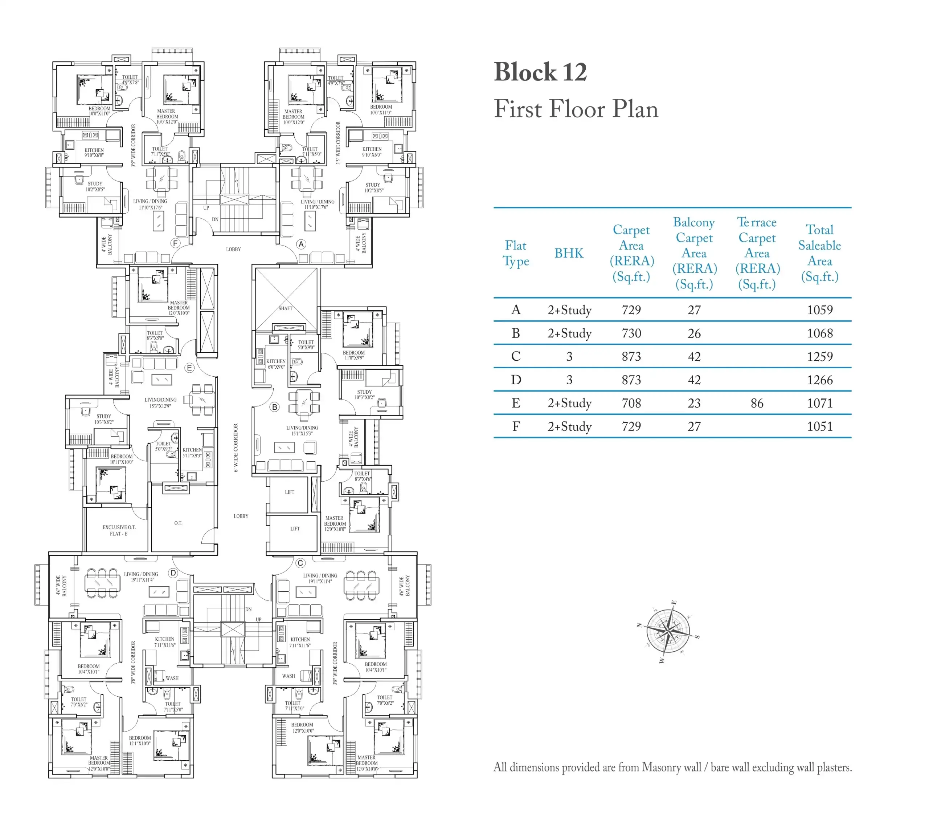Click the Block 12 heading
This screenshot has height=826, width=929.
(x=540, y=72)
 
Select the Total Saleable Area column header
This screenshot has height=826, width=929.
(x=819, y=253)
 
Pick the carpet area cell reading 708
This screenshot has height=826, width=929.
(x=631, y=403)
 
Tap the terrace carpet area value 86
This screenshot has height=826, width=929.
(x=757, y=403)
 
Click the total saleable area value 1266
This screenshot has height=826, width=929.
(x=819, y=380)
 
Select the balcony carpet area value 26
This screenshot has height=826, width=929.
(x=693, y=333)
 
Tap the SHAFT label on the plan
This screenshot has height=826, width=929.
(x=286, y=308)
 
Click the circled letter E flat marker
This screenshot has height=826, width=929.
(x=189, y=368)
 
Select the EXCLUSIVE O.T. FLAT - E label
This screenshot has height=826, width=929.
(x=119, y=530)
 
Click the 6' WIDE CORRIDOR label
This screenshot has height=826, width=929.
(x=236, y=448)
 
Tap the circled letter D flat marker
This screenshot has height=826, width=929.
(x=173, y=573)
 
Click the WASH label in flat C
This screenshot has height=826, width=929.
(x=288, y=676)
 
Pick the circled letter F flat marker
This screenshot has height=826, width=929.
(x=175, y=243)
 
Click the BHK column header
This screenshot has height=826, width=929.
(x=569, y=253)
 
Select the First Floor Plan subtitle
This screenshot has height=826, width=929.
(x=576, y=109)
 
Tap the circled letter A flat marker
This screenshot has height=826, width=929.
(x=301, y=244)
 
